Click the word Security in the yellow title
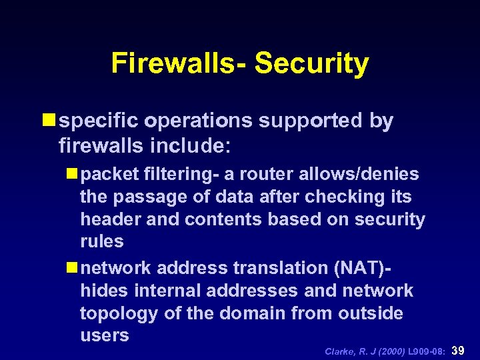(x=311, y=63)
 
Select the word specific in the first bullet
(x=98, y=121)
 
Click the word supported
(x=309, y=121)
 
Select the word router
(x=273, y=174)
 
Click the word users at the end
(x=104, y=335)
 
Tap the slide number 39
(x=459, y=350)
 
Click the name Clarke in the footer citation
(x=339, y=351)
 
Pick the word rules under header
(x=102, y=241)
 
